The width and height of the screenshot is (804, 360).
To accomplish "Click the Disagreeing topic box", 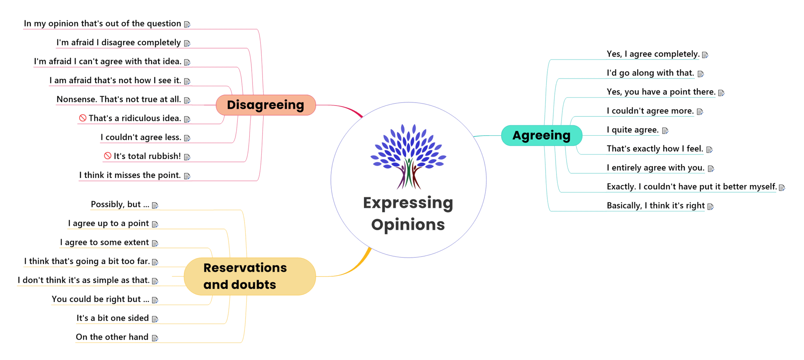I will (265, 105).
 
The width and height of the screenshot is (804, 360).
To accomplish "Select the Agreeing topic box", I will (541, 135).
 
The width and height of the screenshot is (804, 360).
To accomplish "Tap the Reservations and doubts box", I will (250, 276).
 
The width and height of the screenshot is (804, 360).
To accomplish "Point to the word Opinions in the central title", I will (408, 225).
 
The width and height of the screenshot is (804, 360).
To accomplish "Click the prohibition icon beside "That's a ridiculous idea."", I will (83, 118).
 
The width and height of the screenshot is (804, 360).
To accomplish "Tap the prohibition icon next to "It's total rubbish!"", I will (108, 156).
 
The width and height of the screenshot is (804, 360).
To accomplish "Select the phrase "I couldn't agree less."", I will (141, 137).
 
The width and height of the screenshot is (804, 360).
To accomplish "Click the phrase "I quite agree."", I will (632, 130).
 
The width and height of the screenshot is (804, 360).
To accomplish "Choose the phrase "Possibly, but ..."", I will (120, 204).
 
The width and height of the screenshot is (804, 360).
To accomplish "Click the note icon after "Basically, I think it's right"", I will (710, 206).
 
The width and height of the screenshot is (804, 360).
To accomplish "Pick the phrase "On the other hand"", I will (112, 337).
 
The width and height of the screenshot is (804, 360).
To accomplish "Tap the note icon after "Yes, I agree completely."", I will (705, 55).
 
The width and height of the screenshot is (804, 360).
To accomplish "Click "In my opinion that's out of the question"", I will (102, 23).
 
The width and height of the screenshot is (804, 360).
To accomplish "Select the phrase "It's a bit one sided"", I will (112, 318).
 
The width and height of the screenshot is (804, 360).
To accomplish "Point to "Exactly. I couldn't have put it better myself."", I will (691, 187).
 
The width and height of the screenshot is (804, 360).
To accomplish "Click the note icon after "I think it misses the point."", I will (187, 176).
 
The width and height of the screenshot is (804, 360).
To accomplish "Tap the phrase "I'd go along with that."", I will (650, 73).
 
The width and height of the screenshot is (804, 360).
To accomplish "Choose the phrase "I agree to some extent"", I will (104, 242).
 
